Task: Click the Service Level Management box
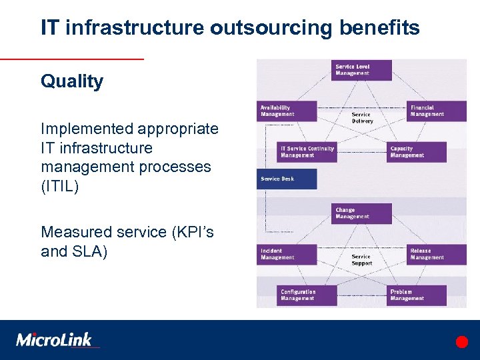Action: [361, 70]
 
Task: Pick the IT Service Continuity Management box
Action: [306, 152]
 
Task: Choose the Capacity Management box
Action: [417, 152]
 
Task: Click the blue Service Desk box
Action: [287, 179]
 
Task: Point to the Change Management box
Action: [361, 213]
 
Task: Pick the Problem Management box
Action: [417, 295]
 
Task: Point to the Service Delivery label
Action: [361, 117]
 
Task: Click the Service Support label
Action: [361, 260]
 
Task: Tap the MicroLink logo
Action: [55, 339]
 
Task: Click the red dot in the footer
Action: [462, 342]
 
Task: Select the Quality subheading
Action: [72, 82]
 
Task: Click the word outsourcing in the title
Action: [265, 28]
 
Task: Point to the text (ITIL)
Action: [60, 187]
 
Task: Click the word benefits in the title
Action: [379, 28]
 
